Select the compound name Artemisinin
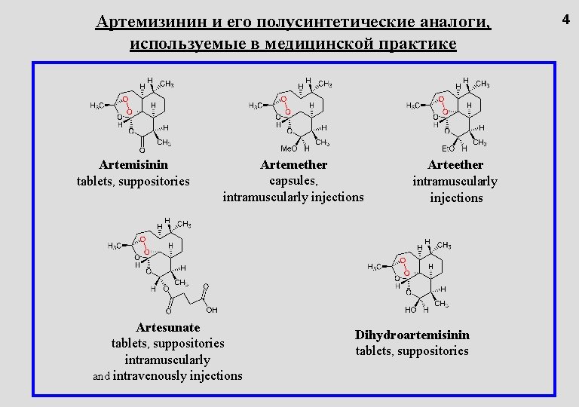pyautogui.click(x=133, y=164)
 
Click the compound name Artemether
pyautogui.click(x=293, y=164)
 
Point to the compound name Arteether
pyautogui.click(x=455, y=164)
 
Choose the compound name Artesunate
pyautogui.click(x=168, y=327)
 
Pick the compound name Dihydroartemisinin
pyautogui.click(x=412, y=335)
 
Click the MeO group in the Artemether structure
pyautogui.click(x=289, y=148)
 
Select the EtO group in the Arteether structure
pyautogui.click(x=448, y=148)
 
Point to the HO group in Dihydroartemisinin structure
pyautogui.click(x=411, y=309)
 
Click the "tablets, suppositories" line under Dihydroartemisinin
pyautogui.click(x=412, y=351)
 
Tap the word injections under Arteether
pyautogui.click(x=455, y=197)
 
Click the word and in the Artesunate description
pyautogui.click(x=102, y=376)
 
